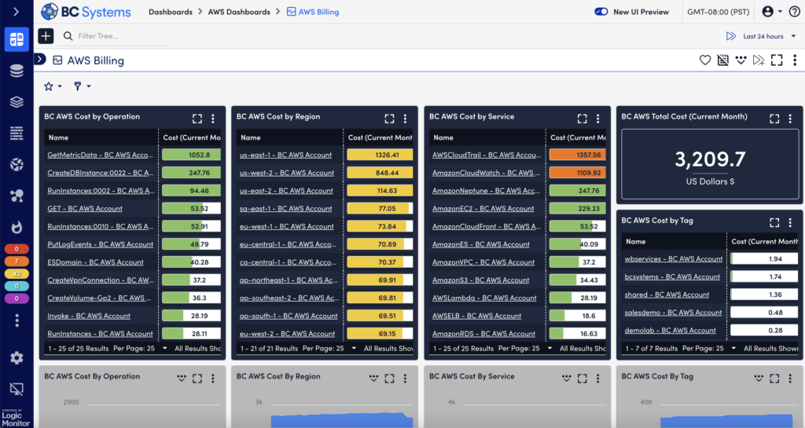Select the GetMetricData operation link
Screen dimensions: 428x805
coord(99,155)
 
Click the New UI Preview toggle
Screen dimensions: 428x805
coord(601,12)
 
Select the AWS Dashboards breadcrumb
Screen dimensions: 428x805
coord(239,12)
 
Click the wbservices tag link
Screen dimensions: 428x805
coord(673,258)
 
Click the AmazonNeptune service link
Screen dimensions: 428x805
coord(483,191)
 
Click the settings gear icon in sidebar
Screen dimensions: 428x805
coord(17,358)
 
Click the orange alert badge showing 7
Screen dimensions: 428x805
coord(17,262)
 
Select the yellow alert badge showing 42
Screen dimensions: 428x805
coord(17,274)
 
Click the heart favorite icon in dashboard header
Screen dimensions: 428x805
coord(705,60)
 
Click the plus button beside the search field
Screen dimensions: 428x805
coord(46,36)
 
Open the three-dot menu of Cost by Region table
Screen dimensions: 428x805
coord(405,119)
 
